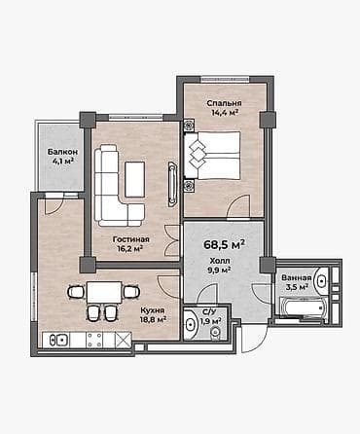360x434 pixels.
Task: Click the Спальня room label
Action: [224, 101]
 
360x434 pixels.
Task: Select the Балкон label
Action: [64, 152]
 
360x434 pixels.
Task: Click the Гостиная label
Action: [129, 238]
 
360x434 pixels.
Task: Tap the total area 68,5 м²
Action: [224, 244]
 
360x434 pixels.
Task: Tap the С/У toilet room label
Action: [208, 310]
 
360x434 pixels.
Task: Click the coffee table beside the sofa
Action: [134, 177]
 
